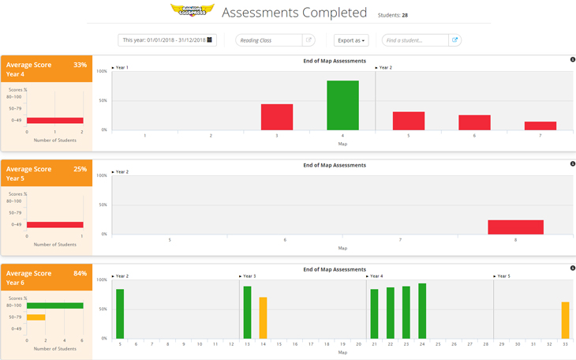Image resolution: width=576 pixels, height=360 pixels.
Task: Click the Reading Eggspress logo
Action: coord(192,10)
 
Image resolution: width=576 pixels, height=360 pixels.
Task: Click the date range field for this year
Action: coord(166,40)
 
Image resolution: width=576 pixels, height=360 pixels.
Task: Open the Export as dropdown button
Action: coord(351,40)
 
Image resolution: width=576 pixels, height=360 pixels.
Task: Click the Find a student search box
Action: coord(415,40)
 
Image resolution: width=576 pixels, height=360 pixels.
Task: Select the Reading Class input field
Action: coord(268,40)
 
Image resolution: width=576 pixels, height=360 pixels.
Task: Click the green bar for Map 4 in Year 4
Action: coord(342,105)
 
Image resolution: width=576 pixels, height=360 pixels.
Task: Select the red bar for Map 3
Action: coord(277,117)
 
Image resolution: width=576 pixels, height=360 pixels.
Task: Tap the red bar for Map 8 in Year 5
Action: coord(515,227)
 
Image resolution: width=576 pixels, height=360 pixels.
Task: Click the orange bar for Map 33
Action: coord(565,320)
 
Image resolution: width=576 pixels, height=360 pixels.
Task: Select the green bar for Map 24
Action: coord(422,311)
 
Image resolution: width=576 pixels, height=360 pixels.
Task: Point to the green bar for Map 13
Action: coord(247,313)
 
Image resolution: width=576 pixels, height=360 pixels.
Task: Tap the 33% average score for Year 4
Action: coord(80,65)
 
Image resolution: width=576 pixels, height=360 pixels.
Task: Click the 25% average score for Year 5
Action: coord(80,169)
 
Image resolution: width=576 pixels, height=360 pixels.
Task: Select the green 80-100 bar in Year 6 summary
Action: coord(54,306)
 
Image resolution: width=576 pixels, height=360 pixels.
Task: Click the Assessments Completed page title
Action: coord(294,13)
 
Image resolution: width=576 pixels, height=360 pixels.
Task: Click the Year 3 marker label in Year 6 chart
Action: coord(249,276)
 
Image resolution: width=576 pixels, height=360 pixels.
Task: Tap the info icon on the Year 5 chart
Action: coord(573,164)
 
